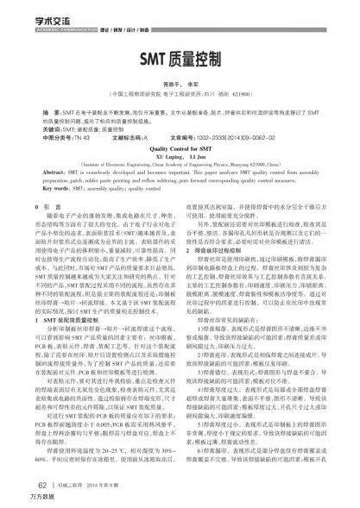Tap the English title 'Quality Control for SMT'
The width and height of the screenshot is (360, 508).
coord(179,148)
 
